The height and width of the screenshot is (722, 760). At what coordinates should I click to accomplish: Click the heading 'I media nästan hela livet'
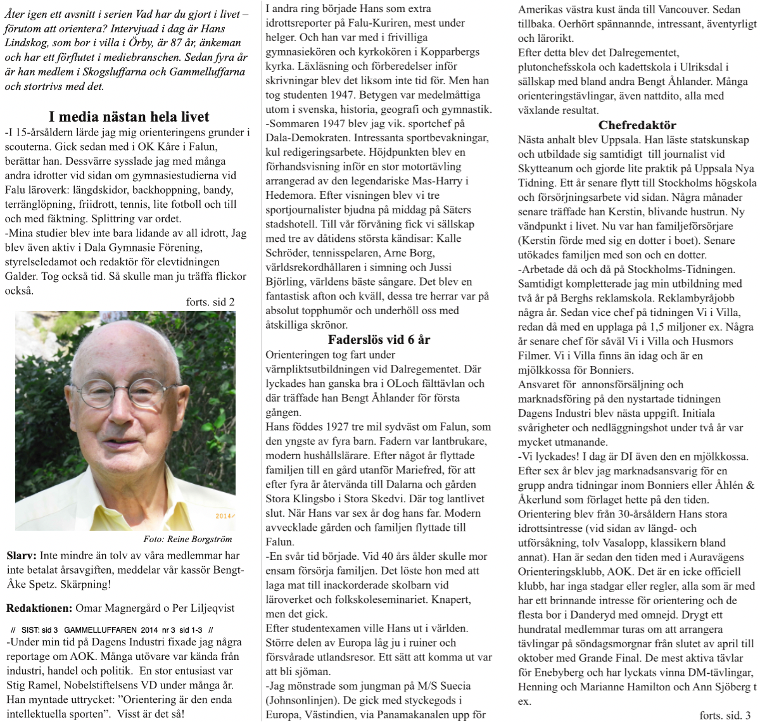129,117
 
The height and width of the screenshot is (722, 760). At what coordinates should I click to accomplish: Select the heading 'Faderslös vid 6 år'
379,339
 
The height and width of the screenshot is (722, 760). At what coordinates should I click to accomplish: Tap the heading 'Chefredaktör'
636,125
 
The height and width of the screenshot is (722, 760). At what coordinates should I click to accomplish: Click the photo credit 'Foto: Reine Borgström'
187,540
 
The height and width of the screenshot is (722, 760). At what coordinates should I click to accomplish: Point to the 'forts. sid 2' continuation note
210,302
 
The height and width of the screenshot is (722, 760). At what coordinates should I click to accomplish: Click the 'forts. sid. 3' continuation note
725,715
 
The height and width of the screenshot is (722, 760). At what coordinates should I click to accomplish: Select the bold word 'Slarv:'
22,556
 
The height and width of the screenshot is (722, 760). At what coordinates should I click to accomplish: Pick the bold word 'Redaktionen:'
39,608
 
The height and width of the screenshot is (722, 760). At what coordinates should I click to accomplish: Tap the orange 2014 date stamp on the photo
224,516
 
